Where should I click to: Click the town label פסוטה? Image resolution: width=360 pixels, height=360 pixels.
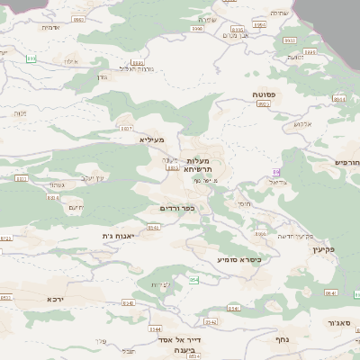[x=269, y=94]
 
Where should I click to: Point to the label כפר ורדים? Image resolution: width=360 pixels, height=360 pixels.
[x=176, y=209]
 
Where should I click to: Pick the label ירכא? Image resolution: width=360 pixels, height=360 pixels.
[x=57, y=297]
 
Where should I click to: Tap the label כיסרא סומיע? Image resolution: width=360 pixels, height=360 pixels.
[x=238, y=259]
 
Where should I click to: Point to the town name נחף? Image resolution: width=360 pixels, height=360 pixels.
[x=279, y=339]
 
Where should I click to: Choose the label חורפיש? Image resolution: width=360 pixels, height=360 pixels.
[x=346, y=162]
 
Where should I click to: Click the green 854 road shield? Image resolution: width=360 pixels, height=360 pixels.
[x=193, y=280]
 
